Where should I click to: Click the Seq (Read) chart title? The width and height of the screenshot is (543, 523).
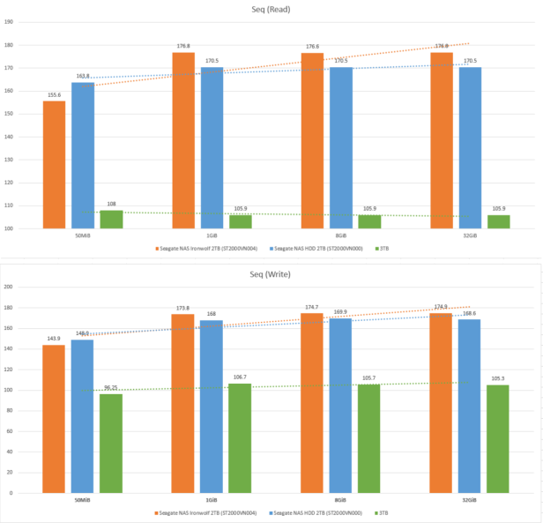tap(271, 9)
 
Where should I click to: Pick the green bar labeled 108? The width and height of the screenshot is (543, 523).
tap(111, 220)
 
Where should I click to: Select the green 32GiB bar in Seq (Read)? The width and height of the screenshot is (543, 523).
tap(499, 221)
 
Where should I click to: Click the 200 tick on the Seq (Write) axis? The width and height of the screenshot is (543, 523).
tap(9, 287)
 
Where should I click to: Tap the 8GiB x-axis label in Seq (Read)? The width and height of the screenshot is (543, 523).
tap(341, 235)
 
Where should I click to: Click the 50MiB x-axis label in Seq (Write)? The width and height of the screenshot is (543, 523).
tap(83, 500)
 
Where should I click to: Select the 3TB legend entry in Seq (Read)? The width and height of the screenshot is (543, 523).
tap(382, 249)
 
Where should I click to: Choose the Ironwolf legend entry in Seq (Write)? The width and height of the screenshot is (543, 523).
tap(209, 512)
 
